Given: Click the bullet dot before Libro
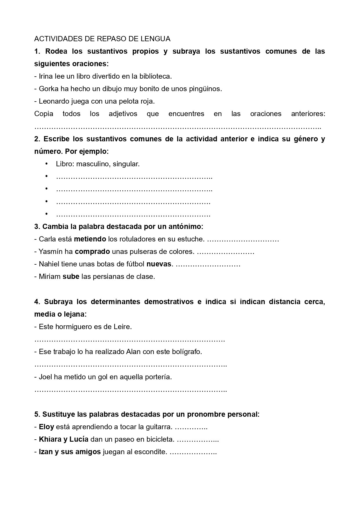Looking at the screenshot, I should click(46, 164).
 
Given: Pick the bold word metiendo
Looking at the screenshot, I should click(90, 239).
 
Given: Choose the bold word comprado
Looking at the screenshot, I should click(92, 252).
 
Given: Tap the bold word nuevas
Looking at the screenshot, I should click(159, 264).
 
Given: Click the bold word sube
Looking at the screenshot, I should click(71, 277).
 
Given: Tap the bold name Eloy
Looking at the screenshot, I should click(46, 427).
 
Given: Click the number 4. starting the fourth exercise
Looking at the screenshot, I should click(37, 302).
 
